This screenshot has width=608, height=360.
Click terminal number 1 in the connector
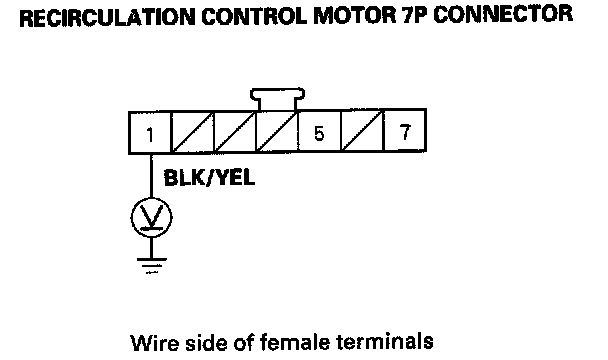150,133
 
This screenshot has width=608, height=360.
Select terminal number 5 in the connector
319,132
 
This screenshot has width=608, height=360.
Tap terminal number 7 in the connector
405,131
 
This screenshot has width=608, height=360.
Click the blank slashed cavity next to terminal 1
192,133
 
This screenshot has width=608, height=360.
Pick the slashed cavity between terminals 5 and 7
362,131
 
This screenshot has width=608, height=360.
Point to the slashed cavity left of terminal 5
277,132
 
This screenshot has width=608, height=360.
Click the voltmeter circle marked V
151,218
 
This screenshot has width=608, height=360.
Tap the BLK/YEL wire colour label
209,178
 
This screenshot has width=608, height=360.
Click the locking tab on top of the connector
277,99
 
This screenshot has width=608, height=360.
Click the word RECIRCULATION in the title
107,17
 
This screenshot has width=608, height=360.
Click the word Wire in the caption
155,343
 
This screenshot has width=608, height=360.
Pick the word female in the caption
294,342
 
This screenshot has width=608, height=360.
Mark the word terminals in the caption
385,342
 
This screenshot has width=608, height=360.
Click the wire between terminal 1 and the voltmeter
151,176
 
